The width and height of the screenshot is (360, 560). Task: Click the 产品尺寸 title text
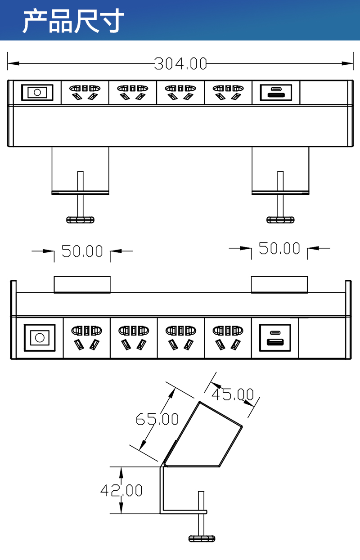(x=73, y=21)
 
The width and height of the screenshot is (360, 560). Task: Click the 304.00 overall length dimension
(x=180, y=64)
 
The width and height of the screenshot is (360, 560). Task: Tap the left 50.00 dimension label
(x=82, y=251)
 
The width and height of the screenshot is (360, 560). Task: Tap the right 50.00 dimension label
(x=279, y=248)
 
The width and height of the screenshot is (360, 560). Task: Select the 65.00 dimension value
(x=157, y=419)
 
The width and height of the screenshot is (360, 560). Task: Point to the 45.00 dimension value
(x=232, y=395)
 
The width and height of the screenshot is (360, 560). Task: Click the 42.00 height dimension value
(x=121, y=490)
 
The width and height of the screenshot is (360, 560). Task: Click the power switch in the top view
(x=37, y=93)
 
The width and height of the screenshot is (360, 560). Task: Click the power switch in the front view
(x=40, y=337)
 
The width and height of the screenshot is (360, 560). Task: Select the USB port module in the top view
(x=276, y=93)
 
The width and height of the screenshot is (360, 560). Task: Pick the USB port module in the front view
(x=275, y=337)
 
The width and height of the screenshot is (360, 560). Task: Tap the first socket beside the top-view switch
(x=84, y=92)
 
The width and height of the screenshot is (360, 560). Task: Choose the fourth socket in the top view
(x=228, y=92)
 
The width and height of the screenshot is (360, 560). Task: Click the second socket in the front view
(x=133, y=337)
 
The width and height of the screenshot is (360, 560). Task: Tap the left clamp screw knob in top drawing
(x=80, y=220)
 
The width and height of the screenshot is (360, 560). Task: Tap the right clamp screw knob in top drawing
(x=280, y=220)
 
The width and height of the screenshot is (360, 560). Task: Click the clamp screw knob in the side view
(x=202, y=538)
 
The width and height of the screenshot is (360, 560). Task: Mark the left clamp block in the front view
(x=82, y=284)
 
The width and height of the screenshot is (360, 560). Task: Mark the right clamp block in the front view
(x=279, y=284)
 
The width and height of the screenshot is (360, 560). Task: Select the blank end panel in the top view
(x=323, y=93)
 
